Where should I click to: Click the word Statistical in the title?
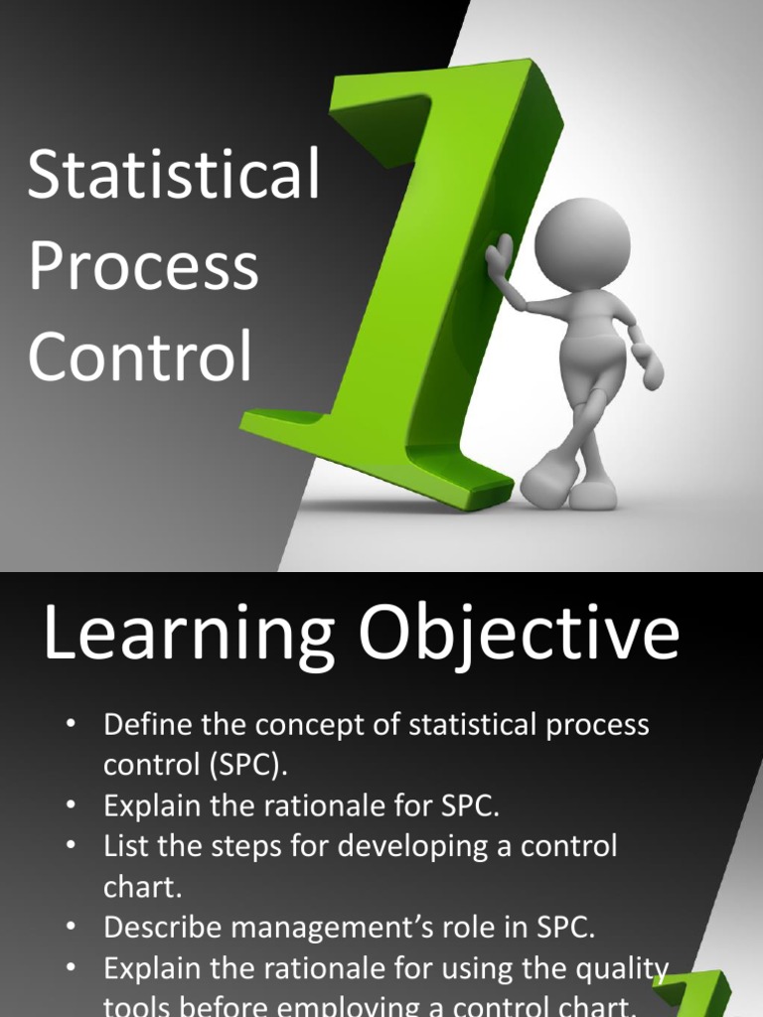[x=174, y=175]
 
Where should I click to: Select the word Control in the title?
[x=140, y=358]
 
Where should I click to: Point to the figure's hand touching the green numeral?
[x=499, y=257]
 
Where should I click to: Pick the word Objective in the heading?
[x=521, y=636]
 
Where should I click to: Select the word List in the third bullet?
[x=123, y=846]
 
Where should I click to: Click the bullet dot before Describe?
[x=71, y=927]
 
